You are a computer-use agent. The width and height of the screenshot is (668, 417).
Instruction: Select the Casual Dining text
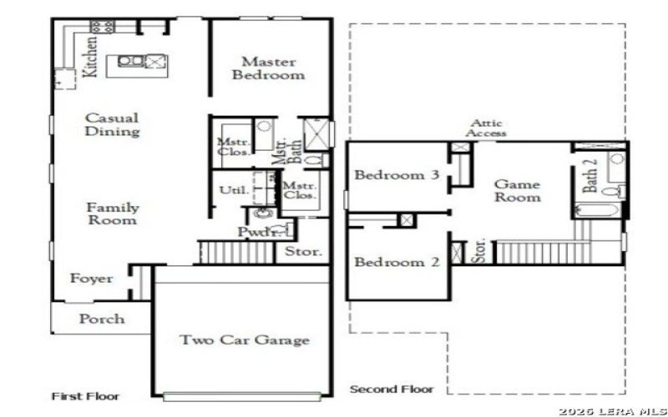pos(112,125)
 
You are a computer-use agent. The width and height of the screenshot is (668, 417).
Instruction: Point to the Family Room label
pos(113,214)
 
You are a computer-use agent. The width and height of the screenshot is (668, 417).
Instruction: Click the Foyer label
pos(91,279)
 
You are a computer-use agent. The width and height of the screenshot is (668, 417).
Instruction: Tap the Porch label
pos(102,319)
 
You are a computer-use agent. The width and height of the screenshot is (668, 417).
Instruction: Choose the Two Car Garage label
pos(245,340)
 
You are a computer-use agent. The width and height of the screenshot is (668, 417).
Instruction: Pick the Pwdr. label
pos(258,232)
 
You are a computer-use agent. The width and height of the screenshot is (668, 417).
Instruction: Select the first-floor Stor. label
pos(303,252)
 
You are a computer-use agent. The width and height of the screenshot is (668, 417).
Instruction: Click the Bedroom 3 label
pos(397,175)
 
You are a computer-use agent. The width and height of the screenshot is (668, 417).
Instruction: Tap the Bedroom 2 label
pos(397,262)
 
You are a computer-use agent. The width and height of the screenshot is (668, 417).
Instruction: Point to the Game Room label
pos(517,191)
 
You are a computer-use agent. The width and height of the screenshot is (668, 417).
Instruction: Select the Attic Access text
pos(486,128)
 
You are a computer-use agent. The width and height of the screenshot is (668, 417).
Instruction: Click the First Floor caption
pos(85,396)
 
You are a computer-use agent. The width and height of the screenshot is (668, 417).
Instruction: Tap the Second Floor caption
pos(391,389)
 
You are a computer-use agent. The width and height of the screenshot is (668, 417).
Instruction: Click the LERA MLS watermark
pos(611,411)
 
